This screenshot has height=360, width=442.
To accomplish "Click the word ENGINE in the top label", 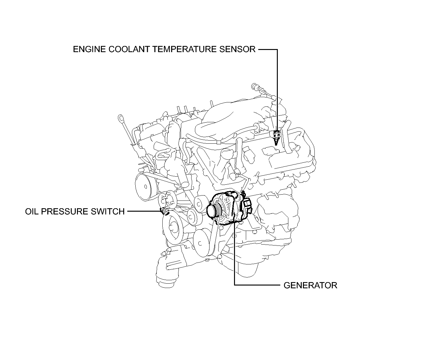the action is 89,49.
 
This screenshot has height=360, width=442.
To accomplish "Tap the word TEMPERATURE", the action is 185,49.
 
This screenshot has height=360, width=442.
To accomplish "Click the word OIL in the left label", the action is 32,212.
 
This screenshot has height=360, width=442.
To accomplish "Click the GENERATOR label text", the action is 310,286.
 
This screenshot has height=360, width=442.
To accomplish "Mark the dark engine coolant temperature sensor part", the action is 276,137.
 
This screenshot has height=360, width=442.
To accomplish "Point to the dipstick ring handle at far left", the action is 120,118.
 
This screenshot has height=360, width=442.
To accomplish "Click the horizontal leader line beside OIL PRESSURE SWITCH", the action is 144,211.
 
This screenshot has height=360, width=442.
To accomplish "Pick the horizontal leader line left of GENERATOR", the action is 257,285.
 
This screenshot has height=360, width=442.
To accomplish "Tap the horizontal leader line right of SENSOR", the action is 268,50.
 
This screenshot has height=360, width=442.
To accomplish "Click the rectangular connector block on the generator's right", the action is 247,203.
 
